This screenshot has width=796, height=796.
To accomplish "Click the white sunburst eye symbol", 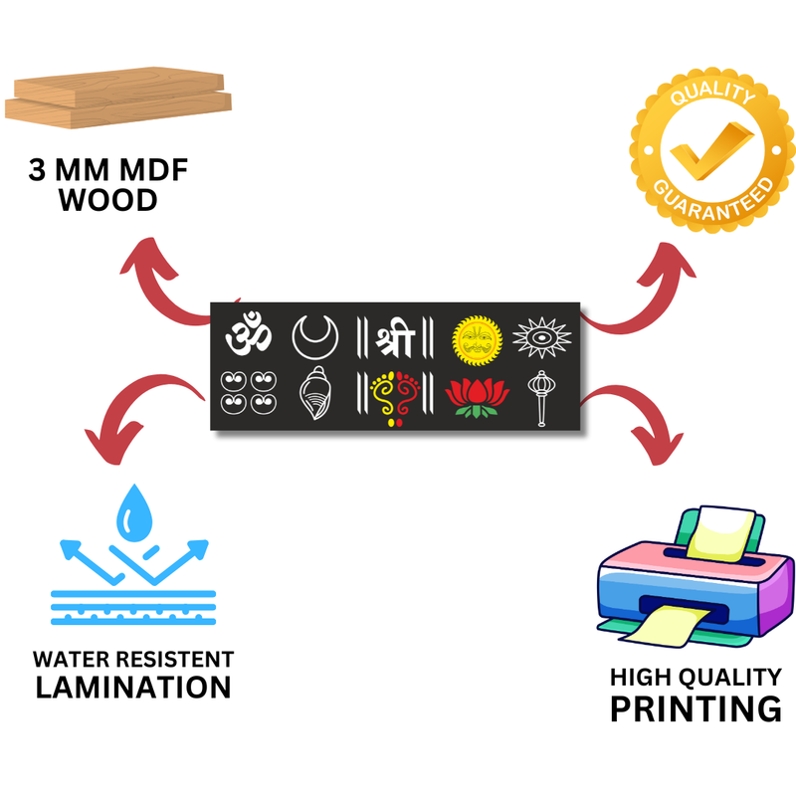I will pos(542,337).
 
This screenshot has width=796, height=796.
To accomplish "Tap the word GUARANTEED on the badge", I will pos(712,198).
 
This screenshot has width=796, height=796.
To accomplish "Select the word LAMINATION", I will pos(133,687).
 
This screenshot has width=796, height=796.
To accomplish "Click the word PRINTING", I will pos(695,708).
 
